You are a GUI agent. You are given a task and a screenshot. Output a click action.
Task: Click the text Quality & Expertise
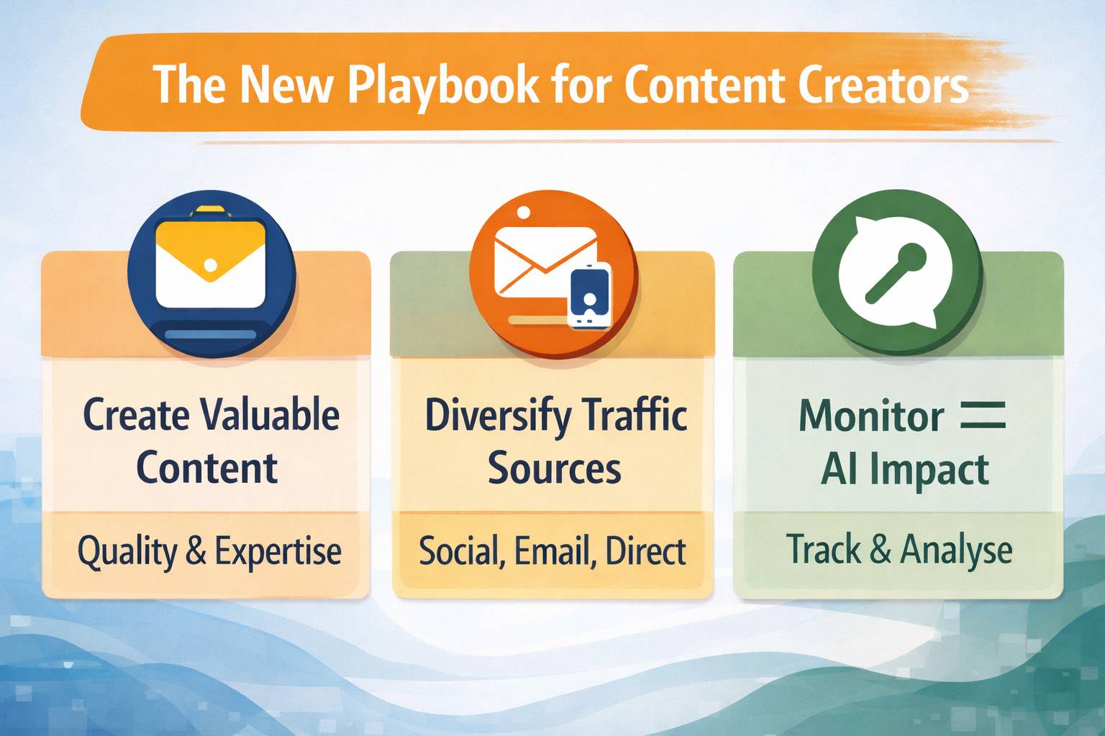[209, 552]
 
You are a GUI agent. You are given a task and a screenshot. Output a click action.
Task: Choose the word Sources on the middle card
[554, 469]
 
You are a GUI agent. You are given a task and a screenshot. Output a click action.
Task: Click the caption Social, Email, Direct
[552, 552]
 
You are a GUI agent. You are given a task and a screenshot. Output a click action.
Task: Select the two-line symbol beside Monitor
[983, 415]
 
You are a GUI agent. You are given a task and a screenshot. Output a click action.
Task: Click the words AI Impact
[905, 469]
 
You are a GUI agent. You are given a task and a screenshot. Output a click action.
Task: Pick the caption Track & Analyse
[899, 551]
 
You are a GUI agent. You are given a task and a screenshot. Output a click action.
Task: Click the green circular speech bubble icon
[897, 273]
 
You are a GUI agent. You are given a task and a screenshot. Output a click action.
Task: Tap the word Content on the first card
[207, 469]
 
